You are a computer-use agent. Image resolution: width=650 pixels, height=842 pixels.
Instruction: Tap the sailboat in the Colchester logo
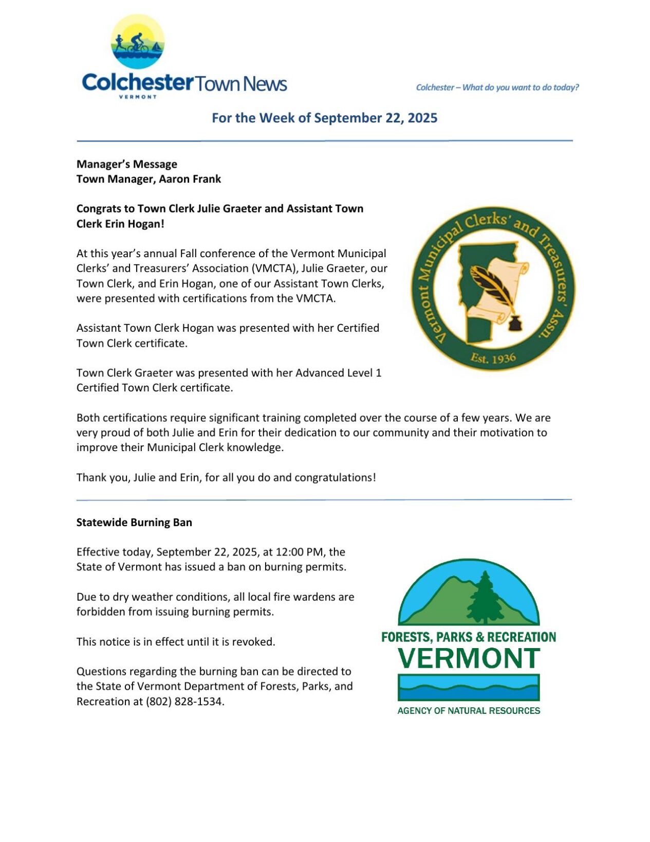(157, 47)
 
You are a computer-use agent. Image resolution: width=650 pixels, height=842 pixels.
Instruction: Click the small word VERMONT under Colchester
(138, 97)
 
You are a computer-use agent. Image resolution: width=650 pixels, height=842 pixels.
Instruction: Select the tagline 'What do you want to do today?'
(520, 87)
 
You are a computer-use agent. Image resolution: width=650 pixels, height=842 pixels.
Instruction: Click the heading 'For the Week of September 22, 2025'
(324, 118)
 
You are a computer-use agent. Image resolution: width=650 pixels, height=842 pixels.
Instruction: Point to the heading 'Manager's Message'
(126, 164)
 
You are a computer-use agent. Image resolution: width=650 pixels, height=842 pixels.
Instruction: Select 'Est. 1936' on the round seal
(493, 357)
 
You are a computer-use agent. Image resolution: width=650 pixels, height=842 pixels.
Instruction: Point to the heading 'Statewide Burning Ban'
(134, 522)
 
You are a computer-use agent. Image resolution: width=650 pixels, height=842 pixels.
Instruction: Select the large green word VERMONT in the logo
(469, 658)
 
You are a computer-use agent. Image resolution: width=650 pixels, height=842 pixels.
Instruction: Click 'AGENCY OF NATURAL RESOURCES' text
(469, 711)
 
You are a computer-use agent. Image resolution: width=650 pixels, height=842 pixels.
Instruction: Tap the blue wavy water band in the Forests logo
(469, 688)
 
